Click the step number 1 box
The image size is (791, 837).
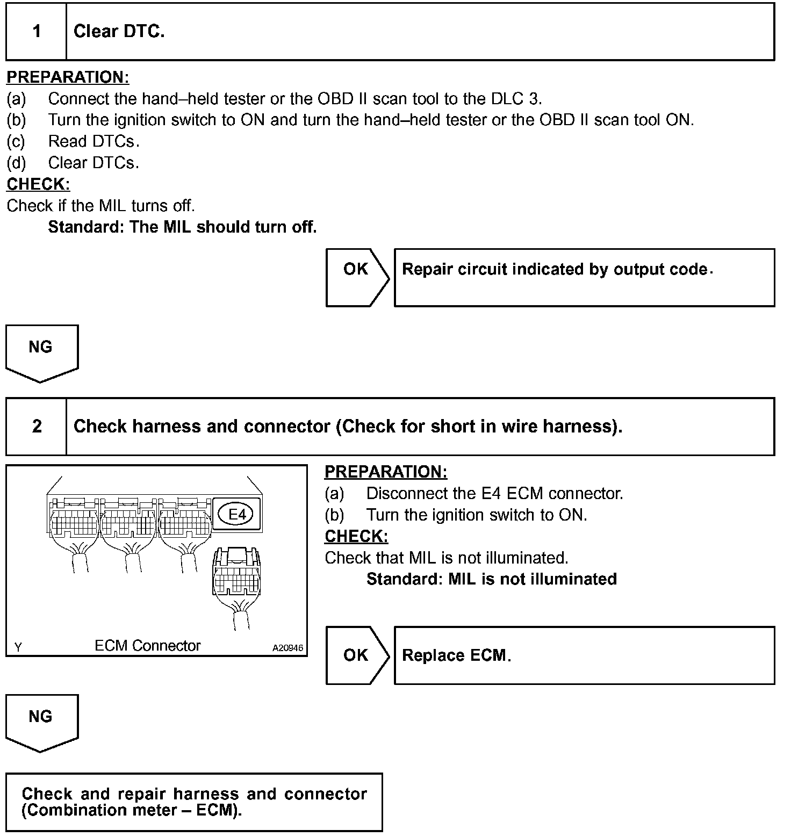pyautogui.click(x=37, y=32)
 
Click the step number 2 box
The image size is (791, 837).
pyautogui.click(x=37, y=427)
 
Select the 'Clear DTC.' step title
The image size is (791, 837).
pyautogui.click(x=119, y=32)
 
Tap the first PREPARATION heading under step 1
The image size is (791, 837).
pyautogui.click(x=68, y=77)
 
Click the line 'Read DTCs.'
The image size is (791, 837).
pyautogui.click(x=94, y=141)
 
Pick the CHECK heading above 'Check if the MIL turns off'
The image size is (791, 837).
pyautogui.click(x=38, y=184)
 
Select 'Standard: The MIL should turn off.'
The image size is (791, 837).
pyautogui.click(x=182, y=227)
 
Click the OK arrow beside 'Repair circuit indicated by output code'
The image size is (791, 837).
pyautogui.click(x=356, y=277)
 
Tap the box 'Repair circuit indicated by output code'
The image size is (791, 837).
pyautogui.click(x=584, y=277)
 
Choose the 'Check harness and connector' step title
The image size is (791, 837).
pyautogui.click(x=348, y=427)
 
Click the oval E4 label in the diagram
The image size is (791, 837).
pyautogui.click(x=237, y=514)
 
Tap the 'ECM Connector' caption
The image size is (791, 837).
pyautogui.click(x=147, y=645)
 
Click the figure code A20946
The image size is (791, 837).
pyautogui.click(x=287, y=648)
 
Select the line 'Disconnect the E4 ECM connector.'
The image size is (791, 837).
pyautogui.click(x=494, y=493)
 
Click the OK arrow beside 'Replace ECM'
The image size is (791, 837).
pyautogui.click(x=356, y=655)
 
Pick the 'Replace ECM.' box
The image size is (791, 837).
pyautogui.click(x=584, y=655)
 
